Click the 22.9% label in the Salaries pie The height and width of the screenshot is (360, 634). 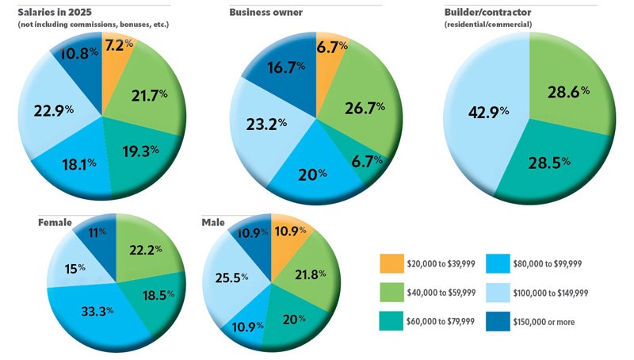pyautogui.click(x=53, y=110)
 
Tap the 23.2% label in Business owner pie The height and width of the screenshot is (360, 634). pyautogui.click(x=266, y=124)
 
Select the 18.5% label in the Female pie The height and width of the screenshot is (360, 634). pyautogui.click(x=158, y=295)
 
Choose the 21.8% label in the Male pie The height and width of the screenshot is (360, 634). pyautogui.click(x=310, y=274)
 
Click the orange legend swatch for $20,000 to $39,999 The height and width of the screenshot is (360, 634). pyautogui.click(x=391, y=263)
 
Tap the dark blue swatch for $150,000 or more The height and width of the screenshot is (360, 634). pyautogui.click(x=498, y=322)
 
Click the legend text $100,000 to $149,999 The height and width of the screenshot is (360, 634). pyautogui.click(x=550, y=293)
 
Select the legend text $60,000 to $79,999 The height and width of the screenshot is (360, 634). pyautogui.click(x=441, y=322)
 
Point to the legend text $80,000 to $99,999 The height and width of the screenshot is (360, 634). pyautogui.click(x=548, y=264)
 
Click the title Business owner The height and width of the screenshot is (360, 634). pyautogui.click(x=265, y=12)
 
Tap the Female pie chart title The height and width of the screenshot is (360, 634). pyautogui.click(x=55, y=223)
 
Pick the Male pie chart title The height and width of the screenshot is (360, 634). pyautogui.click(x=213, y=223)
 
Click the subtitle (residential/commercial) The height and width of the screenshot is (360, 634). pyautogui.click(x=488, y=25)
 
